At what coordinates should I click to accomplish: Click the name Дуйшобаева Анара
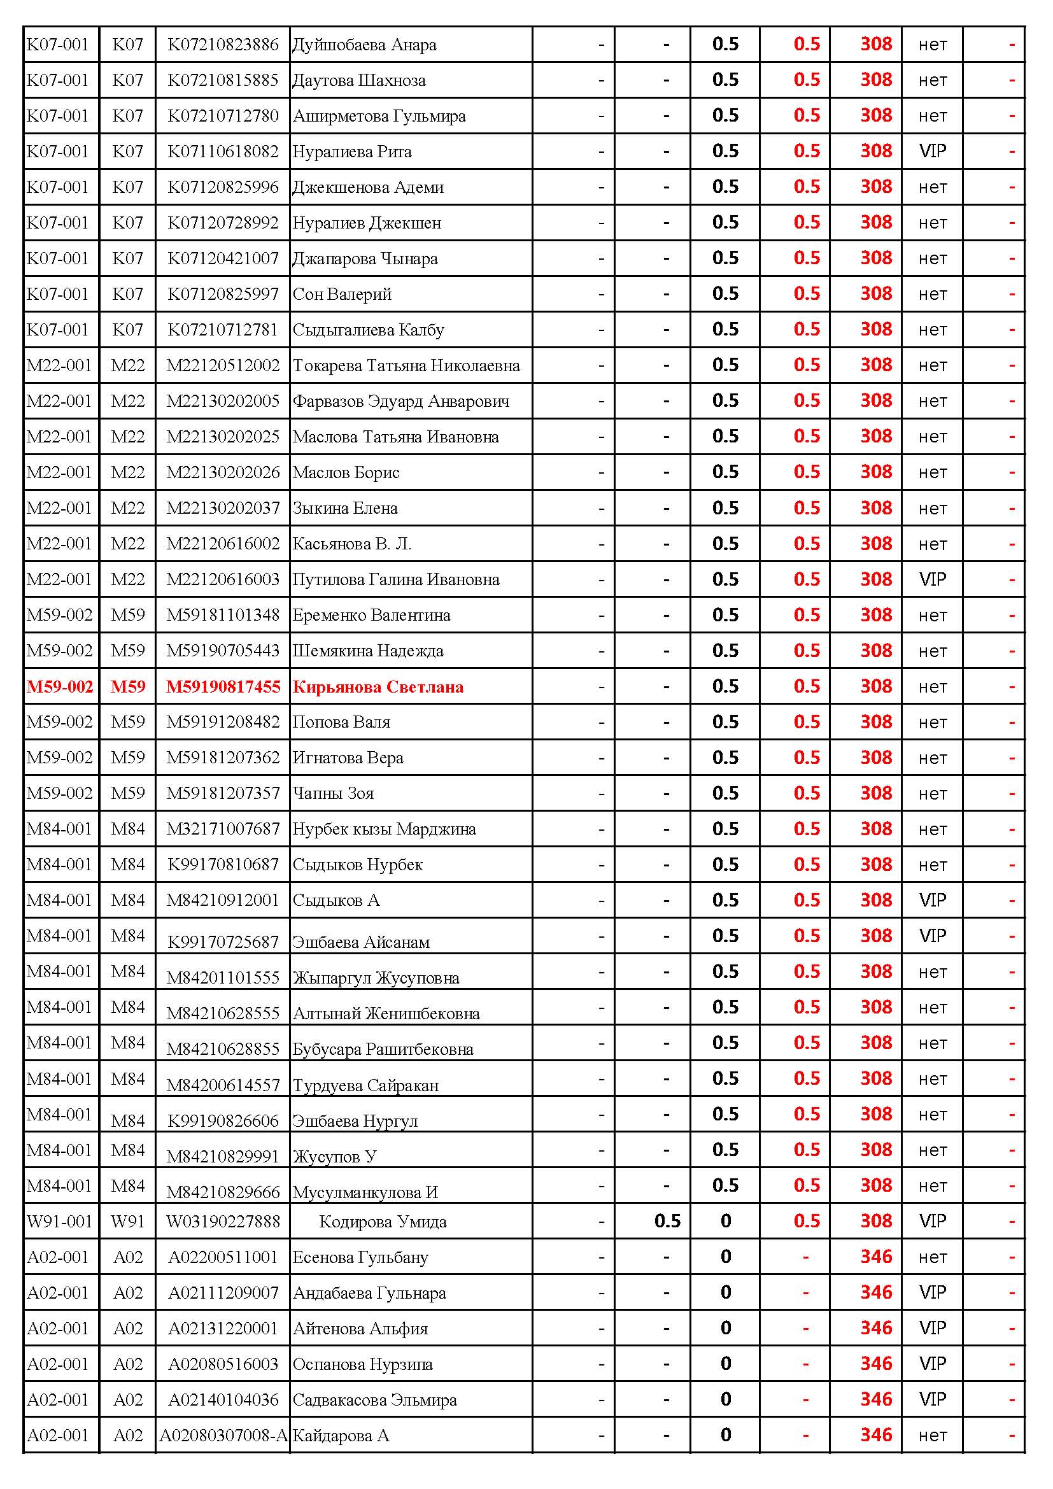coord(364,45)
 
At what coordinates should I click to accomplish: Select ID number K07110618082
coord(222,152)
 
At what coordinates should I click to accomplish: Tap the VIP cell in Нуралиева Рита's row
coord(933,152)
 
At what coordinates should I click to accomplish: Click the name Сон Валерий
coord(342,295)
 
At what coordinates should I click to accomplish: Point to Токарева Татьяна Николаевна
coord(406,366)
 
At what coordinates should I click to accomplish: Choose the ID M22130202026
coord(222,473)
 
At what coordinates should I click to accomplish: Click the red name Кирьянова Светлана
coord(378,687)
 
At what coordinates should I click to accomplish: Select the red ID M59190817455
coord(222,687)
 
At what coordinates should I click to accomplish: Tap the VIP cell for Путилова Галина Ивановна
coord(933,580)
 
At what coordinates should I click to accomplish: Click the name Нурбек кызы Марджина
coord(384,829)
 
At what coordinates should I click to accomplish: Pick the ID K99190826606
coord(222,1121)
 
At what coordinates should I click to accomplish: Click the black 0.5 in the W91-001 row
coord(667,1221)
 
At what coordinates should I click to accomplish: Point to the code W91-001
coord(60,1222)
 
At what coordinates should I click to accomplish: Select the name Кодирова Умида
coord(383,1222)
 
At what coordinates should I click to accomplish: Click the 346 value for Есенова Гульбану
coord(876,1257)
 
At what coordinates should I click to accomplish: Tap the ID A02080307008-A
coord(223,1436)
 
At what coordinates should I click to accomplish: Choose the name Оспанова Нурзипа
coord(362,1364)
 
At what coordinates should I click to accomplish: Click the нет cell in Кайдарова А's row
coord(933,1436)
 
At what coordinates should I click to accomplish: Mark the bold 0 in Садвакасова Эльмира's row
coord(726,1399)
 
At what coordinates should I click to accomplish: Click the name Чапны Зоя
coord(332,794)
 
